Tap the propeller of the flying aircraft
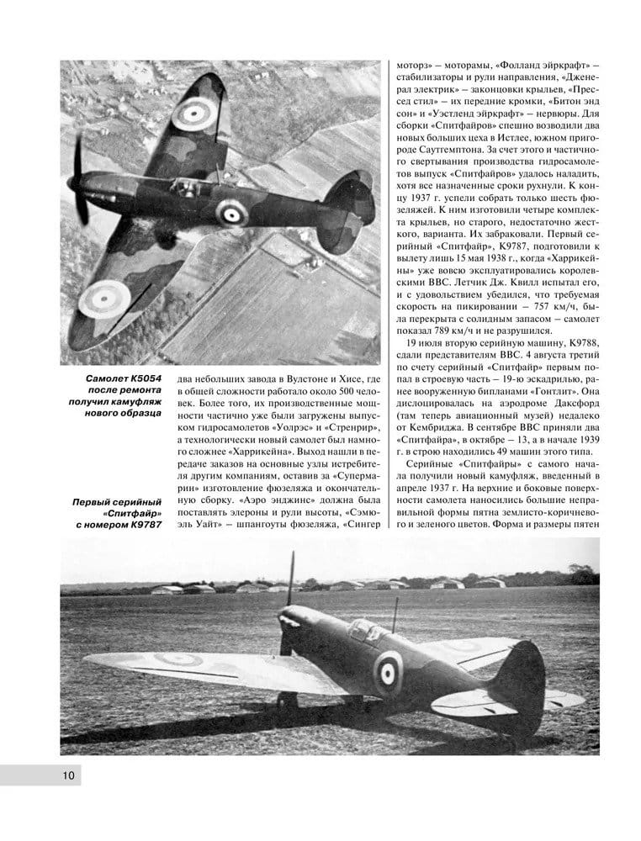78,181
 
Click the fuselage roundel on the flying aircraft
228,213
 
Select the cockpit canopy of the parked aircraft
363,629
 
